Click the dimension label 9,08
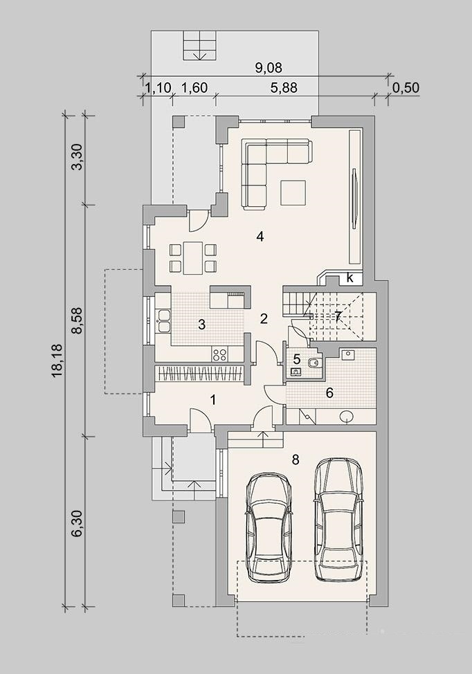coord(269,68)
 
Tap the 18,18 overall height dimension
coord(57,361)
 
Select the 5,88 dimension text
coord(284,88)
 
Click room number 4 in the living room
coord(260,236)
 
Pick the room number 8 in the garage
coord(296,460)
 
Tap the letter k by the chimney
coord(350,278)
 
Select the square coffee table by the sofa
coord(293,193)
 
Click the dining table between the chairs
coord(193,258)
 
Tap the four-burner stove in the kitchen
coord(219,354)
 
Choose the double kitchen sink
coord(163,320)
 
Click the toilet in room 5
coord(314,364)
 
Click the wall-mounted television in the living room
coord(354,198)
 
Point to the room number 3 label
coord(201,325)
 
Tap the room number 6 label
coord(329,393)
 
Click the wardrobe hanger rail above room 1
coord(200,374)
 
